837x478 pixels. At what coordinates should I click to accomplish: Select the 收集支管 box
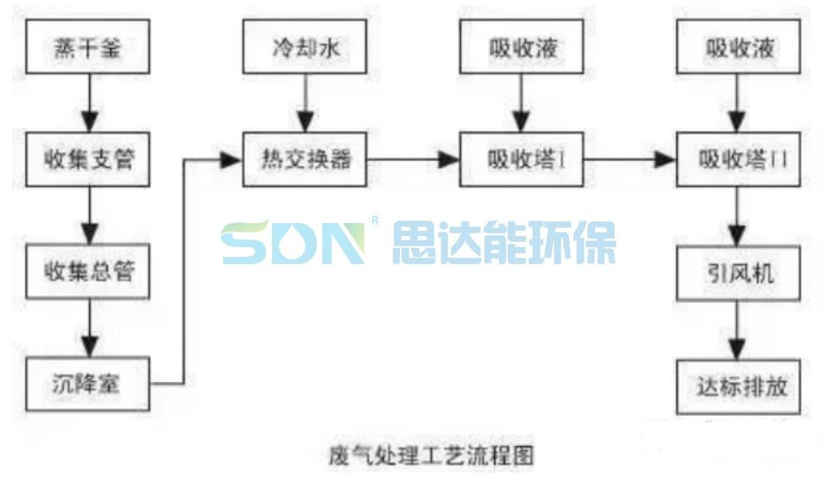(x=88, y=159)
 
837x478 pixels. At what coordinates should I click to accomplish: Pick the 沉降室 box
(x=88, y=384)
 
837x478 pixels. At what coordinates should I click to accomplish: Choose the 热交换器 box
(x=305, y=159)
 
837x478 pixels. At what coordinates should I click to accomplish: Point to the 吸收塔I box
(x=521, y=159)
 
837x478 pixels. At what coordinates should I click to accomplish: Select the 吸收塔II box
(x=738, y=159)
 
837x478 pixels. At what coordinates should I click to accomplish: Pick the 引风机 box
(x=738, y=273)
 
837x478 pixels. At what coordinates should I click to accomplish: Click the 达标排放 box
(x=738, y=387)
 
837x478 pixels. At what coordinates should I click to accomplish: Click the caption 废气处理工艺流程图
(x=431, y=455)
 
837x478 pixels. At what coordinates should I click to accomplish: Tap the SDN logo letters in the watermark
(x=292, y=243)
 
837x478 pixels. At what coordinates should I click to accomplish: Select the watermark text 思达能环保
(x=504, y=243)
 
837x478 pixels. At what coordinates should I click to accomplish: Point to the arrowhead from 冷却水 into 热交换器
(x=305, y=122)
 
